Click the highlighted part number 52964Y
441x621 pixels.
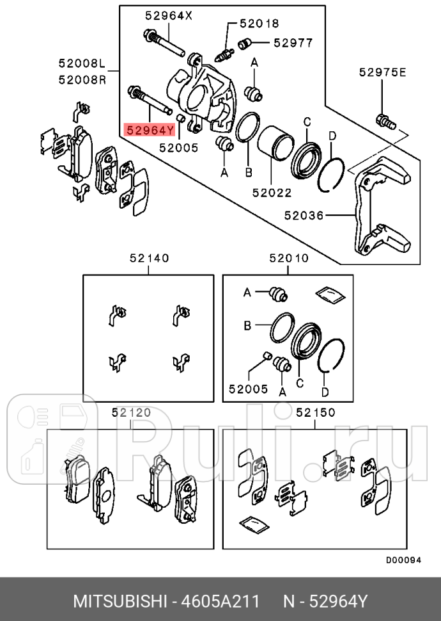[x=150, y=131]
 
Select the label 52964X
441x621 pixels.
[x=168, y=16]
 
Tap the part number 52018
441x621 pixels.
[x=259, y=24]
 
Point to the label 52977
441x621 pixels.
[x=293, y=43]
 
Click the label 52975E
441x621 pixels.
[x=382, y=72]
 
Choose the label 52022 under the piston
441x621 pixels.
[x=272, y=191]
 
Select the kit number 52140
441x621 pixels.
[x=149, y=259]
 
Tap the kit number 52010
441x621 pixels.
[x=289, y=259]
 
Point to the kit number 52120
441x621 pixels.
[x=131, y=412]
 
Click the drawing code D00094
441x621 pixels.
[x=403, y=560]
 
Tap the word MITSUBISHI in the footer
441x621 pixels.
[x=120, y=602]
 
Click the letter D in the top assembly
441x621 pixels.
[x=332, y=136]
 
